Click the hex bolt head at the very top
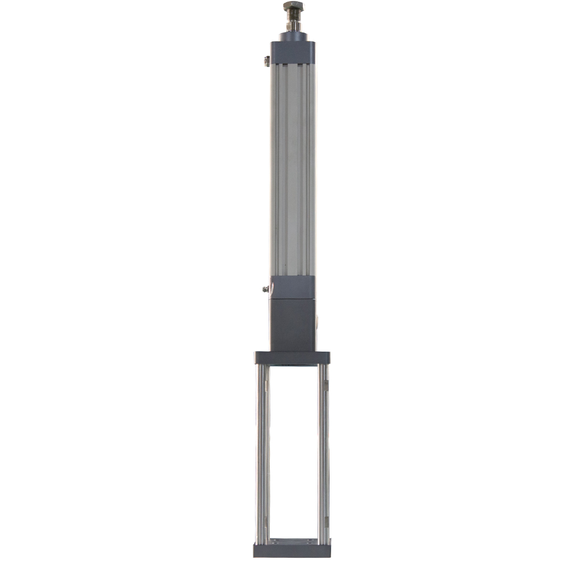[x=293, y=7]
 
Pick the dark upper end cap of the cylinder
[x=293, y=52]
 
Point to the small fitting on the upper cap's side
[x=266, y=61]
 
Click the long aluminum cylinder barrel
[x=293, y=170]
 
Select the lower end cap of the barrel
[x=293, y=287]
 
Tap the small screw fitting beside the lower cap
[x=265, y=289]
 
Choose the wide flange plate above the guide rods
[x=292, y=358]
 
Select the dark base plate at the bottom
[x=292, y=550]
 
